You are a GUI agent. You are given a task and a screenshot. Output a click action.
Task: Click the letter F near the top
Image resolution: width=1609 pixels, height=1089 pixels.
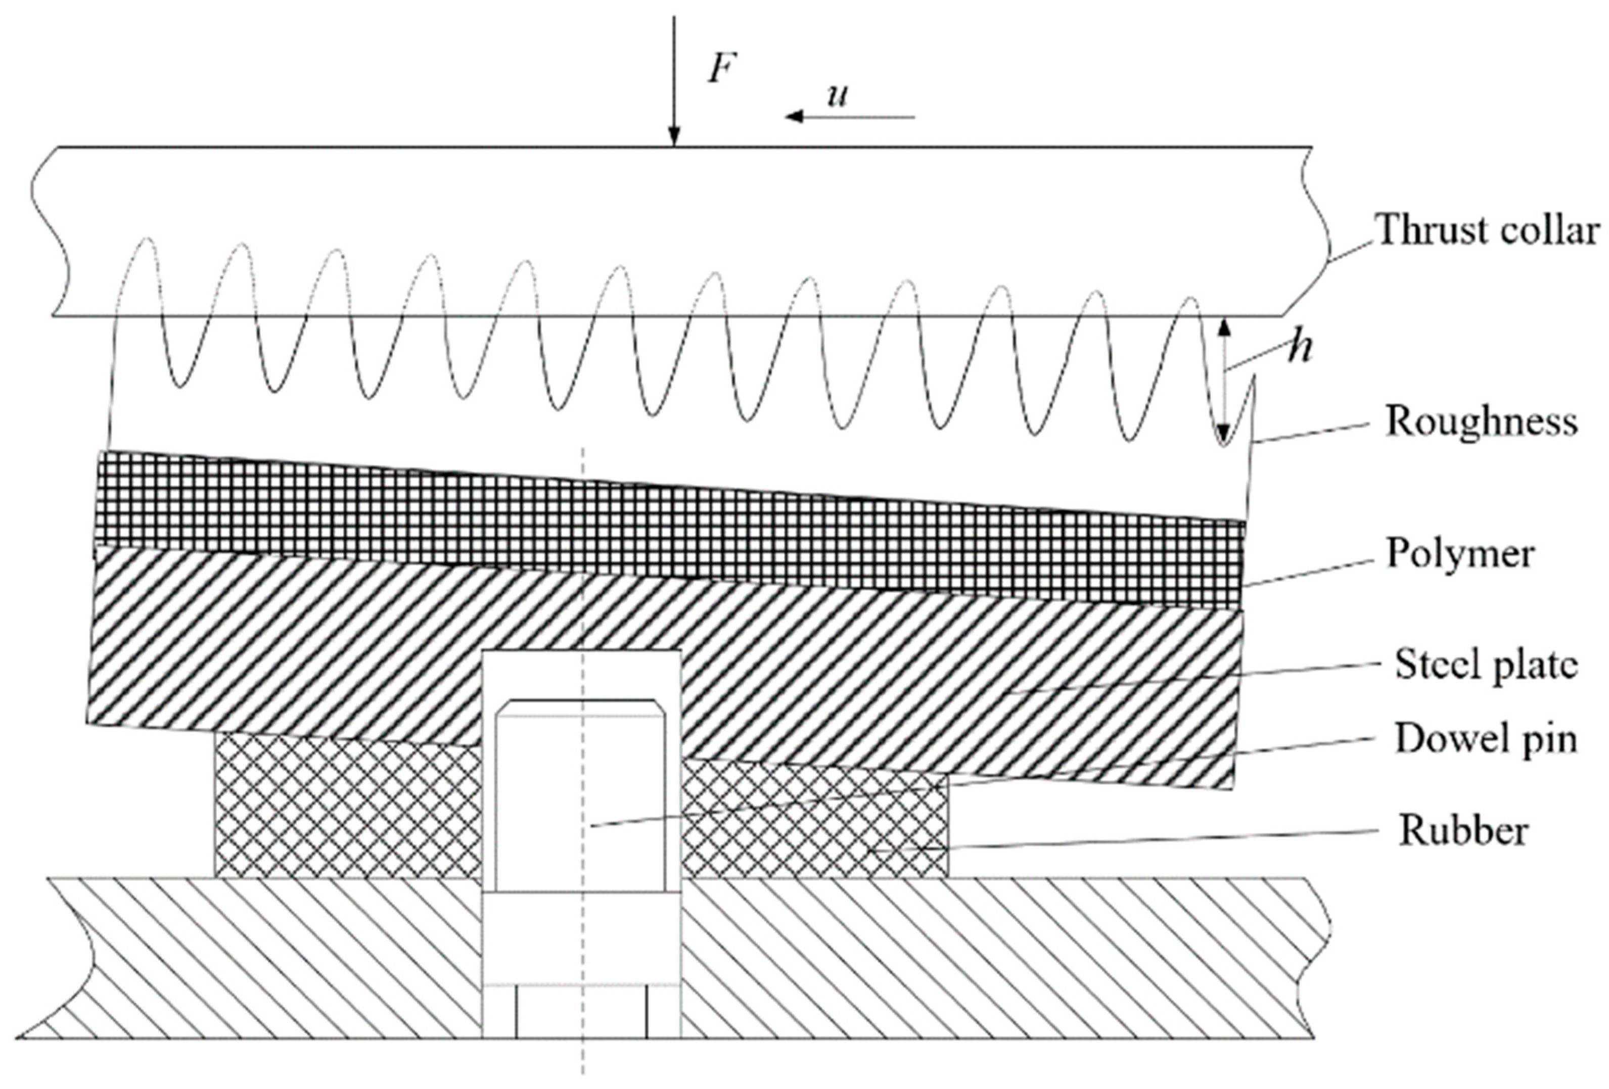pos(720,69)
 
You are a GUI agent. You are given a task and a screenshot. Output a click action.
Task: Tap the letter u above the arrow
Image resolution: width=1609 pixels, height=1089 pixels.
pos(838,96)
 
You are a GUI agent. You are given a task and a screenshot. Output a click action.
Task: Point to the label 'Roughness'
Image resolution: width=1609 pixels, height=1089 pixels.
pos(1482,421)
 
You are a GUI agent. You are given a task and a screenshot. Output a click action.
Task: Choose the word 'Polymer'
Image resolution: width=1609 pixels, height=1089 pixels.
pos(1461,554)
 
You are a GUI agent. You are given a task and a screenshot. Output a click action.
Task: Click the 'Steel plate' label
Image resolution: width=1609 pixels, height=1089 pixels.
pos(1486,665)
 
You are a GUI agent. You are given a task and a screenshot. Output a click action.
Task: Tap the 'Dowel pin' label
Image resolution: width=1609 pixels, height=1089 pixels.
pos(1486,739)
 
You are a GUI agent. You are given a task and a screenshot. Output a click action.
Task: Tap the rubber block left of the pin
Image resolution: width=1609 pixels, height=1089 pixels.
pos(346,810)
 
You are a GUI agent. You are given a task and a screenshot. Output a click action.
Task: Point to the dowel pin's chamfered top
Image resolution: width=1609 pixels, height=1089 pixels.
pos(581,707)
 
